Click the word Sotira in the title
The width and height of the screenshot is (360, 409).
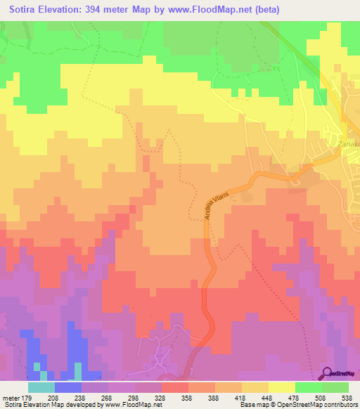pyautogui.click(x=27, y=10)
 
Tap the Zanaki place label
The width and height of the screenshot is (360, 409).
pyautogui.click(x=347, y=145)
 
